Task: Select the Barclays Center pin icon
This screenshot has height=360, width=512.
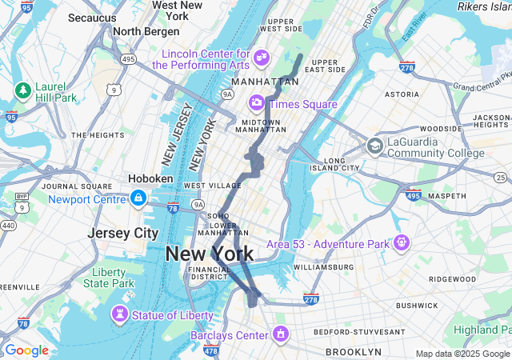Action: (x=281, y=333)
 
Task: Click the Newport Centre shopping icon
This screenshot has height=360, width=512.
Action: (x=138, y=198)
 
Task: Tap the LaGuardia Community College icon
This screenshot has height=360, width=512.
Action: (x=374, y=146)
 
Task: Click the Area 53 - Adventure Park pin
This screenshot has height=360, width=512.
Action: (x=401, y=242)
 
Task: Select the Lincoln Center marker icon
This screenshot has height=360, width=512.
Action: (x=261, y=58)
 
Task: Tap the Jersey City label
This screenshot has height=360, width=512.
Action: (x=123, y=233)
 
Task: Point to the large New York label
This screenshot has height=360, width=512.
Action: (x=209, y=254)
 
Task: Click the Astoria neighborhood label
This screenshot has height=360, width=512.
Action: (x=402, y=94)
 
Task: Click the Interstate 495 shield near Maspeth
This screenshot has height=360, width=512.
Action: (x=414, y=195)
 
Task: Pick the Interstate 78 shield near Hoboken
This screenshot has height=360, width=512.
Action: (x=173, y=209)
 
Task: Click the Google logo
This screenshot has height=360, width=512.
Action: (x=26, y=350)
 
